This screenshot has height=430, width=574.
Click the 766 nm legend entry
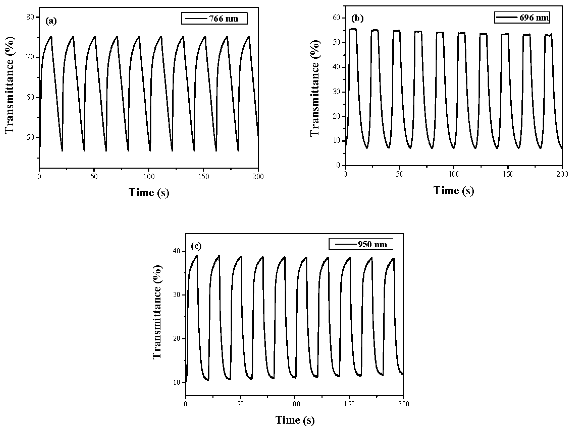click(214, 19)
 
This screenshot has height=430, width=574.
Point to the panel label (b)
click(357, 18)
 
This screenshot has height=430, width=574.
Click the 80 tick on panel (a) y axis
click(31, 17)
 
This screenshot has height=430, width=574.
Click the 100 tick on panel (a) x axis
click(149, 177)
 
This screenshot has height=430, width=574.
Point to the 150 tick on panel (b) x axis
click(508, 174)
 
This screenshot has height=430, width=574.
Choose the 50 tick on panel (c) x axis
click(240, 404)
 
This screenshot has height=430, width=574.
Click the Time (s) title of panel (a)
click(149, 192)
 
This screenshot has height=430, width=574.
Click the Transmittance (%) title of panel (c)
click(157, 312)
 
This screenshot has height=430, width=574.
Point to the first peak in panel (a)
click(51, 36)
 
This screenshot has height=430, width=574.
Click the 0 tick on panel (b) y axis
click(338, 165)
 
